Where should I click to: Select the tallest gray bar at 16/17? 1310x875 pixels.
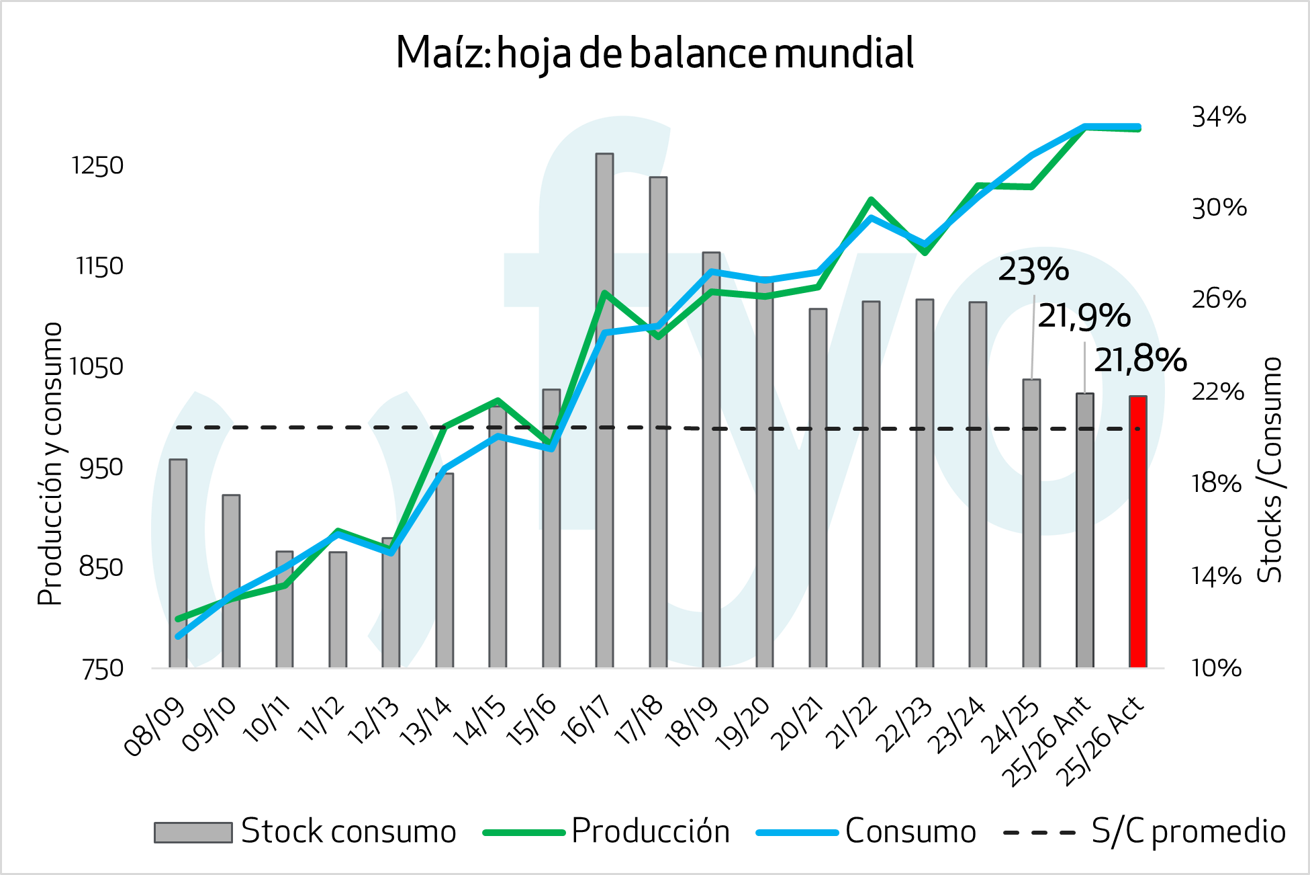point(604,410)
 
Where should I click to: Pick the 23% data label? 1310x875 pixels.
point(1033,270)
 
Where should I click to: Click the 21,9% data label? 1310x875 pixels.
point(1084,317)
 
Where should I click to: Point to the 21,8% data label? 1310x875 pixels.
point(1140,361)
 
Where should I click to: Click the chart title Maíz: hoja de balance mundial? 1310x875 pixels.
point(655,53)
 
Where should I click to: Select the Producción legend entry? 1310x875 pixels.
point(650,832)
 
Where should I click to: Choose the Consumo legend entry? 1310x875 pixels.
point(910,832)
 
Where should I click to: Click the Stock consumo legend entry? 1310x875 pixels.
point(348,832)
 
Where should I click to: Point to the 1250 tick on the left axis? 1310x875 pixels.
point(98,166)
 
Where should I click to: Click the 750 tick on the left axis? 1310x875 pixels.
point(103,669)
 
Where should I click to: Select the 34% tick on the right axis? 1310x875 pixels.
point(1219,116)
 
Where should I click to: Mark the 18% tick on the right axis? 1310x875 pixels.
point(1217,483)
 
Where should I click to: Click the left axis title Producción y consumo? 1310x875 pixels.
point(50,464)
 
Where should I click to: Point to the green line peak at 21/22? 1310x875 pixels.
point(871,200)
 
